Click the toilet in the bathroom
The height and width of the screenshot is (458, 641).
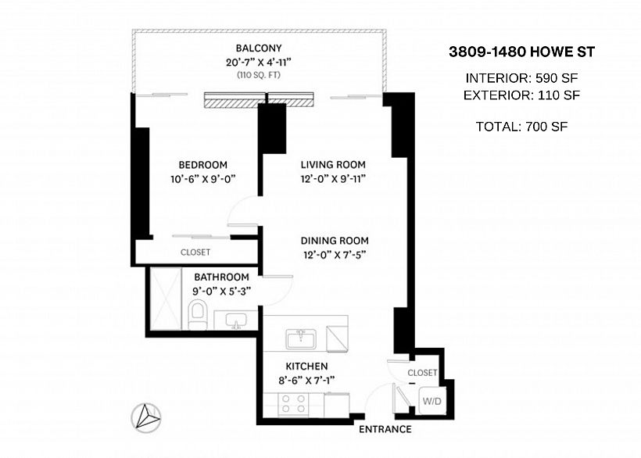(198, 315)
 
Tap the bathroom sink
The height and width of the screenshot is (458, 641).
(236, 320)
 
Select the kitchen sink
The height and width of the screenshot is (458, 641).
(300, 339)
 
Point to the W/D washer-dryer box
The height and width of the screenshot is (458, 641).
(432, 401)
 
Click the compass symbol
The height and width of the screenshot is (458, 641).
(146, 417)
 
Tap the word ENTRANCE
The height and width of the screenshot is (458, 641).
(385, 429)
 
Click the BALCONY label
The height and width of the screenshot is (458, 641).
(259, 48)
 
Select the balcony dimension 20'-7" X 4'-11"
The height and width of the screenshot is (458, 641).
(259, 62)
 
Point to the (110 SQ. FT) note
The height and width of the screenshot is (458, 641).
(259, 75)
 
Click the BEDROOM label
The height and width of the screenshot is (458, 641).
(202, 165)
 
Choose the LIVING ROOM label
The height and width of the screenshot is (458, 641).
(333, 165)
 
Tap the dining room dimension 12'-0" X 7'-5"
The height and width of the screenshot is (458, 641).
(335, 255)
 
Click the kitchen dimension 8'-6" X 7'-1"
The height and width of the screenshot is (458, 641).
(306, 381)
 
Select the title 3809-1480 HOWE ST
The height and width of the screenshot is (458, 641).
(521, 52)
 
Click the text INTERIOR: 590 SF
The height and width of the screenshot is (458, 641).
(521, 78)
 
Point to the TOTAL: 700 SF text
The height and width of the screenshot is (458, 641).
(521, 127)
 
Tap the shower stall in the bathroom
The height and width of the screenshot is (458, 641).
(166, 299)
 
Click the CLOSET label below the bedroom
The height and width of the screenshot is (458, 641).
(195, 252)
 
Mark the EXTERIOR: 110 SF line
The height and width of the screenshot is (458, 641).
(521, 95)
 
